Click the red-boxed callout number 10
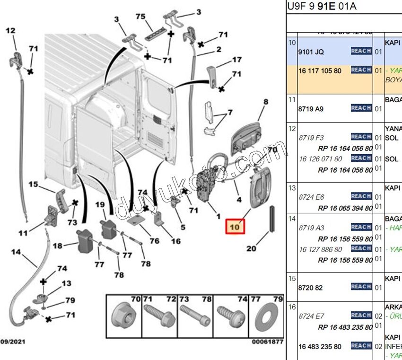pyautogui.click(x=235, y=227)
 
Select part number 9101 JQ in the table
pyautogui.click(x=311, y=52)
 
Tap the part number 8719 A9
pyautogui.click(x=311, y=109)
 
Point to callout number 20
pyautogui.click(x=251, y=248)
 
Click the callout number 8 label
pyautogui.click(x=265, y=101)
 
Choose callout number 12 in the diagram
pyautogui.click(x=10, y=31)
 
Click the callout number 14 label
pyautogui.click(x=16, y=252)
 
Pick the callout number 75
pyautogui.click(x=140, y=17)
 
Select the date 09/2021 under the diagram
pyautogui.click(x=13, y=341)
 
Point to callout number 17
pyautogui.click(x=236, y=60)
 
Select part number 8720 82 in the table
pyautogui.click(x=310, y=287)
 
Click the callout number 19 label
pyautogui.click(x=100, y=204)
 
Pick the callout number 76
pyautogui.click(x=155, y=241)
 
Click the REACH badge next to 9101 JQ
pyautogui.click(x=361, y=51)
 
